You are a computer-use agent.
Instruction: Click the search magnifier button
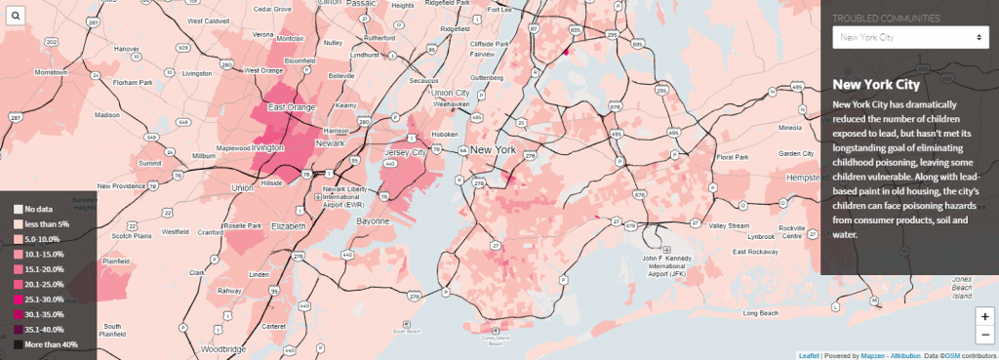point(16,16)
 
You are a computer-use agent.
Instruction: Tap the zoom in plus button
point(985,317)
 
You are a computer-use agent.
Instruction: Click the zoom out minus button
point(985,335)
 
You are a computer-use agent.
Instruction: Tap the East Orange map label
point(290,107)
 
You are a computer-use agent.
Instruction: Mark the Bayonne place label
point(371,222)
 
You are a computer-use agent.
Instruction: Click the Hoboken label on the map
point(445,134)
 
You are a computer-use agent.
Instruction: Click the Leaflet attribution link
point(809,355)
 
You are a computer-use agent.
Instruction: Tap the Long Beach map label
point(763,313)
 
